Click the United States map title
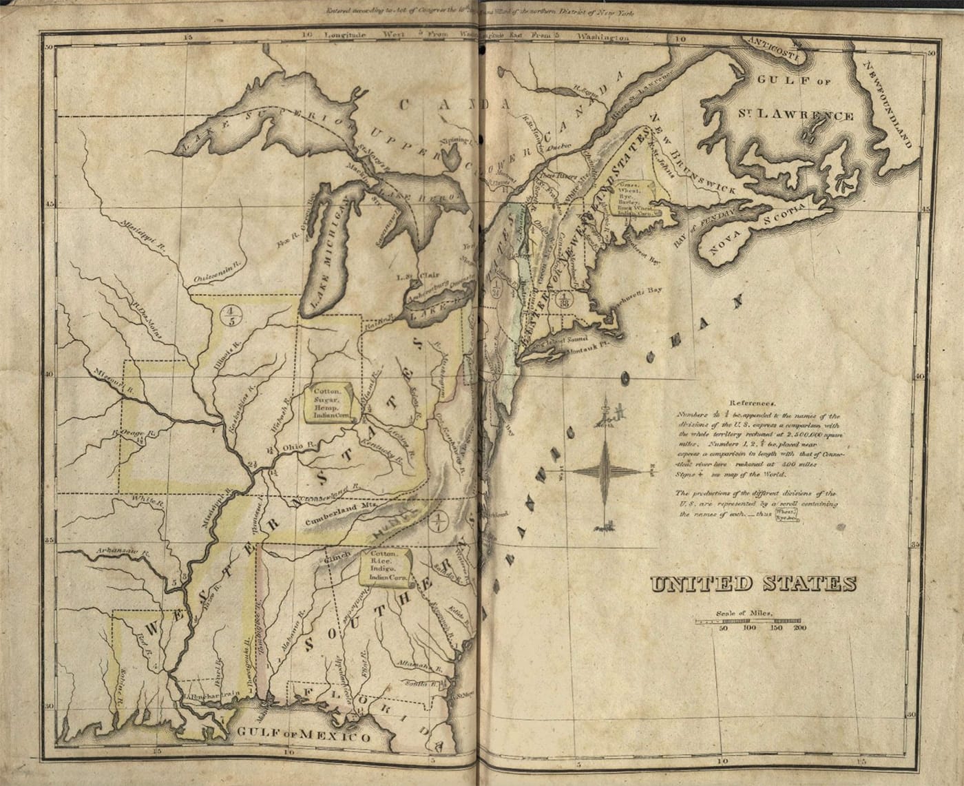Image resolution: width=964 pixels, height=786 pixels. (753, 584)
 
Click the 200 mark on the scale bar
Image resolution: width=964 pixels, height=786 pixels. (799, 628)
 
